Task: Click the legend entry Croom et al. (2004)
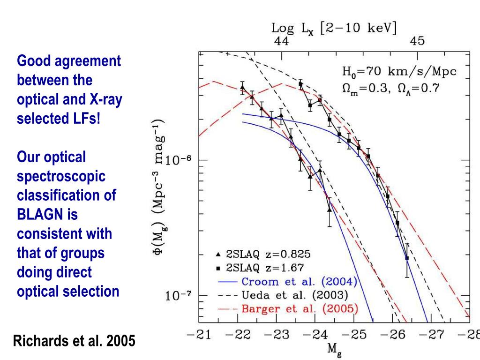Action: (x=299, y=282)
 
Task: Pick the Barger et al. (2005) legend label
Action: (x=299, y=309)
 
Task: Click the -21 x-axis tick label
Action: (x=197, y=335)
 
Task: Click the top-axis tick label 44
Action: (x=281, y=41)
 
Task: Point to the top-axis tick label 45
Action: (x=418, y=41)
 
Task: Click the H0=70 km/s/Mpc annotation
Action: (x=399, y=72)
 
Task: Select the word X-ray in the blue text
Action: (x=104, y=99)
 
